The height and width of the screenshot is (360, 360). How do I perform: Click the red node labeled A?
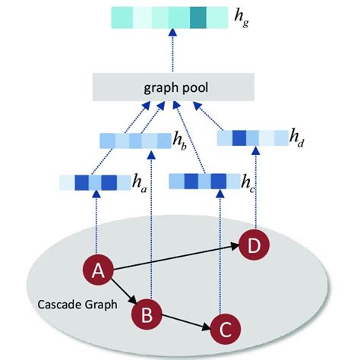97,271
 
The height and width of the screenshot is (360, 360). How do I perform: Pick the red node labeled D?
254,245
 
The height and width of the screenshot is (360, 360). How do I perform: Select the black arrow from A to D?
175,258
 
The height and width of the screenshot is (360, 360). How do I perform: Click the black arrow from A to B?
124,292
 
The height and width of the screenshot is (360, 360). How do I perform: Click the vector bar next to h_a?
88,182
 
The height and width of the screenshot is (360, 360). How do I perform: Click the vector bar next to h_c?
197,181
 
